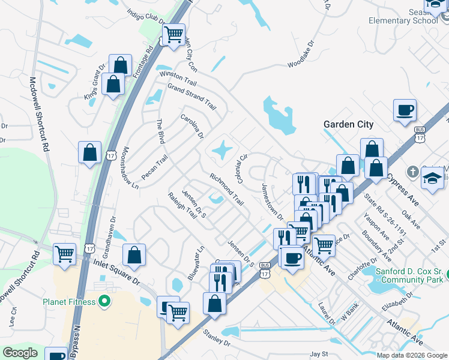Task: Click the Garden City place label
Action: tap(348, 125)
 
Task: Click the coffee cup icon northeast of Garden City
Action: tap(405, 110)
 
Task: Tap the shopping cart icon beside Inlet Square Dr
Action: tap(64, 253)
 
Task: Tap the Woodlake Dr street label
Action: tap(301, 54)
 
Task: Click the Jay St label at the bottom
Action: tap(320, 355)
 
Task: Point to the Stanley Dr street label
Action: tap(217, 338)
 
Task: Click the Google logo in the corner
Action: tap(20, 353)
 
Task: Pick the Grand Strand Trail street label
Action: tap(191, 97)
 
